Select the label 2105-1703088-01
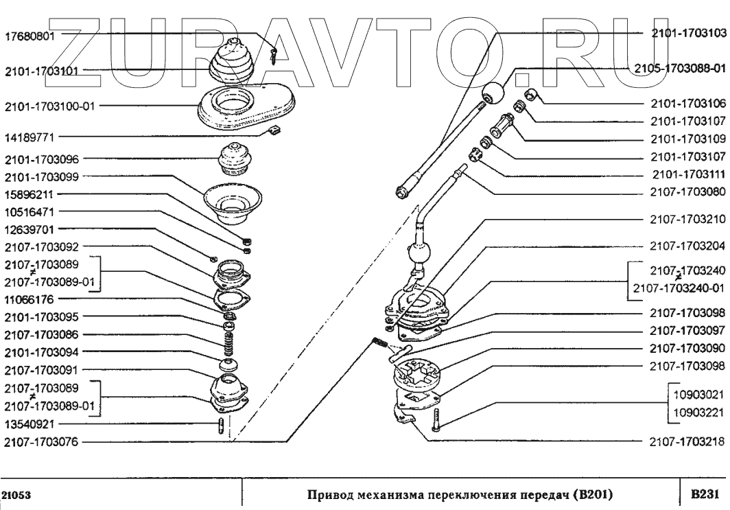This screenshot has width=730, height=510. click(679, 68)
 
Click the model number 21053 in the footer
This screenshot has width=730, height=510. click(16, 494)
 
